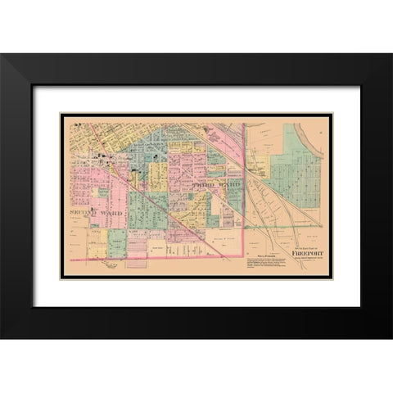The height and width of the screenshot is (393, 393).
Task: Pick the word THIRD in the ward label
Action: [202, 187]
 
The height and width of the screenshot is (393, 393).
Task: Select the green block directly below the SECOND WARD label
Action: [117, 238]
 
